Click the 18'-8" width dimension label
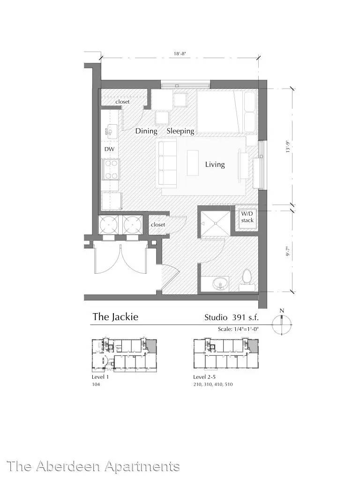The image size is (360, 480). (x=180, y=53)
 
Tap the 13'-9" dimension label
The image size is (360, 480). (x=287, y=147)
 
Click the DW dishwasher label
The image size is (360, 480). (x=109, y=149)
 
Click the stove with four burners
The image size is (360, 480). (x=111, y=169)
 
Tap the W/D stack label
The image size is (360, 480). (x=247, y=217)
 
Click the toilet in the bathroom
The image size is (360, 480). (x=247, y=279)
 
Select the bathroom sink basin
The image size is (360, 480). (x=220, y=283)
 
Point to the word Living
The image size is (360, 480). (x=215, y=165)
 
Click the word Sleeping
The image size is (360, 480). (x=180, y=131)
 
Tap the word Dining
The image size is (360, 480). (x=146, y=131)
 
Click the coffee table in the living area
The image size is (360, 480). (x=193, y=163)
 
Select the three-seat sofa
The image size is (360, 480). (x=167, y=163)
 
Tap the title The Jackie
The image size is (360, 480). (x=115, y=316)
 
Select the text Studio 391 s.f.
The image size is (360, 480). (x=232, y=317)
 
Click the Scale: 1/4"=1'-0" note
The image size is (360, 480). (x=238, y=329)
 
